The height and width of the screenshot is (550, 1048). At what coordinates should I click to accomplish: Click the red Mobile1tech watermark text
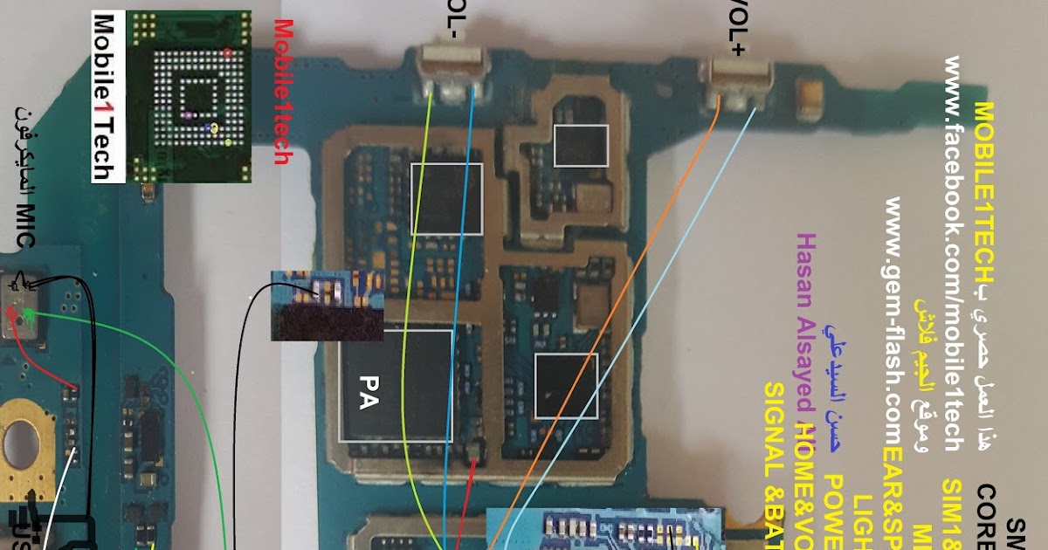click(282, 92)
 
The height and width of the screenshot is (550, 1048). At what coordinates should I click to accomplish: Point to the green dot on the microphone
click(29, 314)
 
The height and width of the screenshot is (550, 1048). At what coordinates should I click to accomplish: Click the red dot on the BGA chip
click(229, 53)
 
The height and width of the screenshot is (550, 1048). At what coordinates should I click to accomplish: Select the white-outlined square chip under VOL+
click(581, 145)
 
